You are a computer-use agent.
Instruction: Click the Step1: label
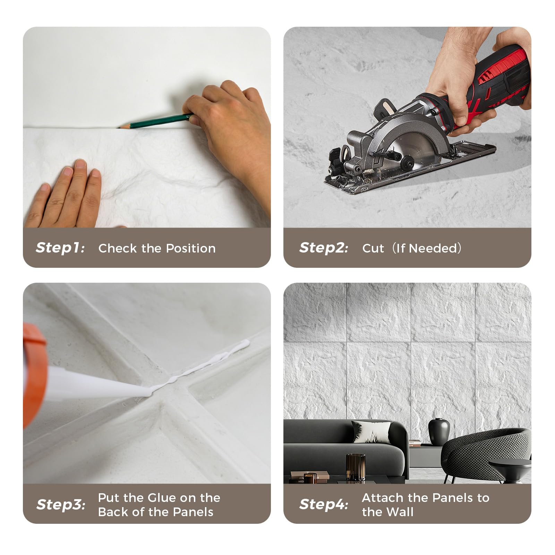click(x=60, y=248)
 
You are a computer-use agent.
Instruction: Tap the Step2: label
click(x=324, y=248)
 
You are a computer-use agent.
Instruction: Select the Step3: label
click(x=61, y=505)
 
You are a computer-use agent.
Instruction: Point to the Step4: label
click(x=324, y=504)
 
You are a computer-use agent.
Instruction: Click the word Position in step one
click(x=191, y=248)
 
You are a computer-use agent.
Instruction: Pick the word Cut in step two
click(x=373, y=248)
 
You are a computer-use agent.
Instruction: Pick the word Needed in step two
click(x=434, y=248)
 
